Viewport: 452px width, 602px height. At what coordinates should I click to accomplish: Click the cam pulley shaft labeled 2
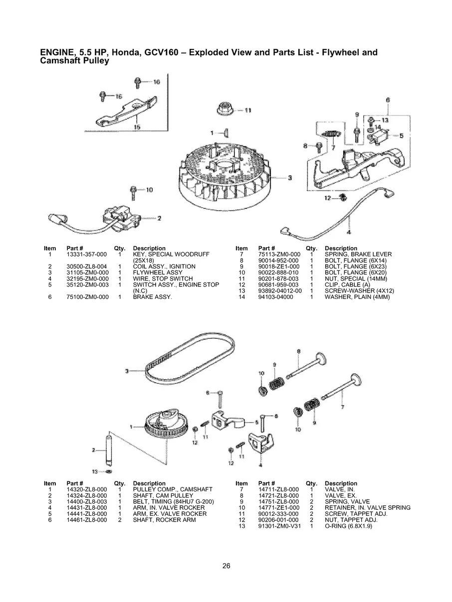(106, 449)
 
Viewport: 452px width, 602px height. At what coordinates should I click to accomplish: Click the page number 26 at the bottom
(226, 566)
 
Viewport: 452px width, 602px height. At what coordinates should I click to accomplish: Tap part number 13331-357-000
(87, 254)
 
